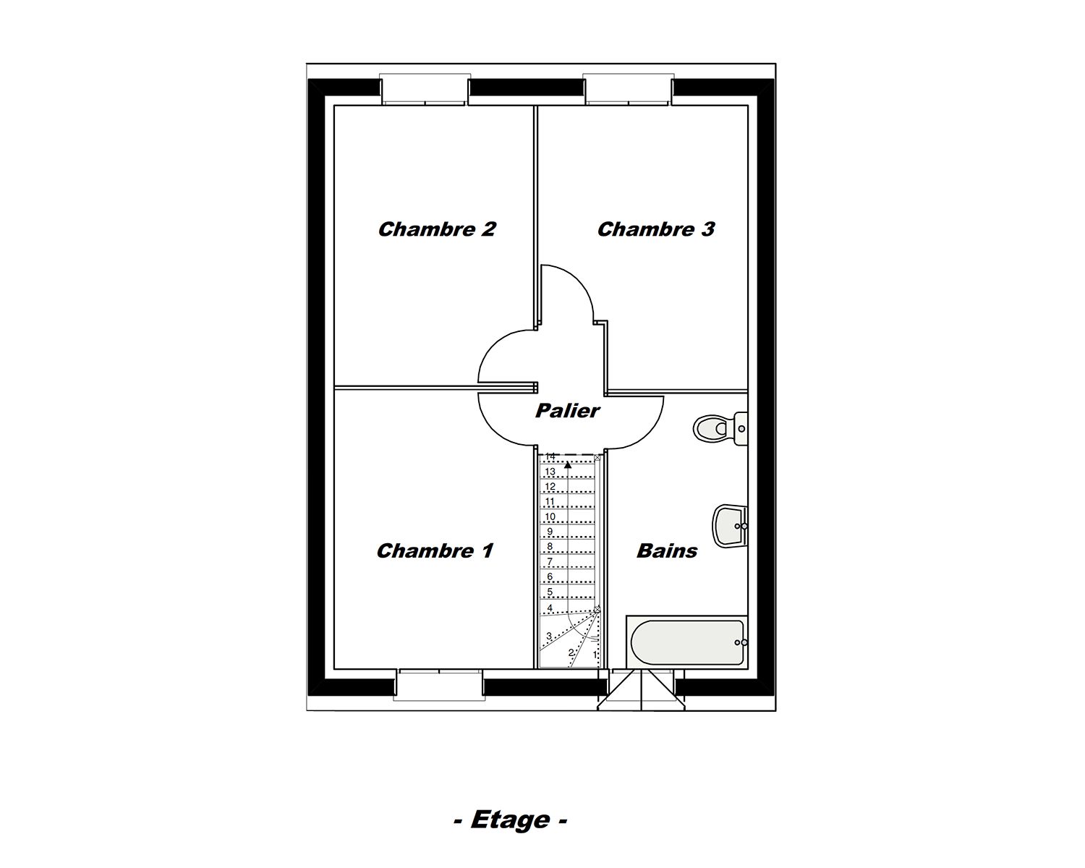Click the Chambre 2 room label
tap(437, 229)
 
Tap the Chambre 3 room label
tap(655, 229)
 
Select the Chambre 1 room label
tap(435, 551)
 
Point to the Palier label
tap(567, 411)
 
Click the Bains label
tap(666, 551)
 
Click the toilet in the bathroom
tap(718, 428)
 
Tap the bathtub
tap(686, 642)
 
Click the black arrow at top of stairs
tap(568, 465)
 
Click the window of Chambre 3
tap(629, 90)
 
